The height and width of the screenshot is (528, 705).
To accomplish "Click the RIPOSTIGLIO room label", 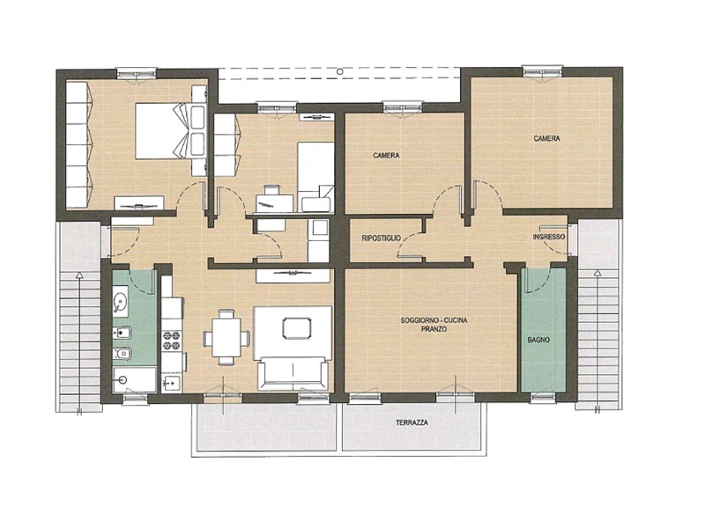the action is pyautogui.click(x=381, y=238).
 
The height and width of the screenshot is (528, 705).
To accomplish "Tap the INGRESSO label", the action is pyautogui.click(x=548, y=237).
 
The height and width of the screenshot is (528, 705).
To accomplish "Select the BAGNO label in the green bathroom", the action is pyautogui.click(x=538, y=340).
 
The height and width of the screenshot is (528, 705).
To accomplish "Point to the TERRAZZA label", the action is pyautogui.click(x=412, y=422).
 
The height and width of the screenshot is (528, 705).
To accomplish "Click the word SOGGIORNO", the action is pyautogui.click(x=418, y=320).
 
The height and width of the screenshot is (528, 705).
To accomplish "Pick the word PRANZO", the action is pyautogui.click(x=434, y=329).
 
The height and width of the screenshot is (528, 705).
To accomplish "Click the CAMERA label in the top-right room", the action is pyautogui.click(x=546, y=138).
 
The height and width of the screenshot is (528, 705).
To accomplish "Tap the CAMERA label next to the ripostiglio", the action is pyautogui.click(x=386, y=156).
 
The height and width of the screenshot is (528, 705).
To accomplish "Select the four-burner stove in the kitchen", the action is pyautogui.click(x=171, y=340).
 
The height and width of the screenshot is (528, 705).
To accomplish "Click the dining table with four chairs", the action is pyautogui.click(x=226, y=337).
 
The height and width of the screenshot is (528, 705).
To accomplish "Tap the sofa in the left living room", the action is pyautogui.click(x=293, y=373).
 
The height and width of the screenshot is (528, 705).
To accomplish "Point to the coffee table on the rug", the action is pyautogui.click(x=297, y=328).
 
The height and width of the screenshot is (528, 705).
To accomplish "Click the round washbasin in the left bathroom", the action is pyautogui.click(x=120, y=301).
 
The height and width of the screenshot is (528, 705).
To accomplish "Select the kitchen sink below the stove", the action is pyautogui.click(x=171, y=383).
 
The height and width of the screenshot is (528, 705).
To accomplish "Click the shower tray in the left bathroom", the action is pyautogui.click(x=135, y=380).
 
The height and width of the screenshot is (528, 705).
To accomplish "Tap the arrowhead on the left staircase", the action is pyautogui.click(x=79, y=275).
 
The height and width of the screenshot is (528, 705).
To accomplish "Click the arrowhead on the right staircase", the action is pyautogui.click(x=597, y=273).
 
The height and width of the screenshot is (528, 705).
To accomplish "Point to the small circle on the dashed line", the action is pyautogui.click(x=340, y=71).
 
